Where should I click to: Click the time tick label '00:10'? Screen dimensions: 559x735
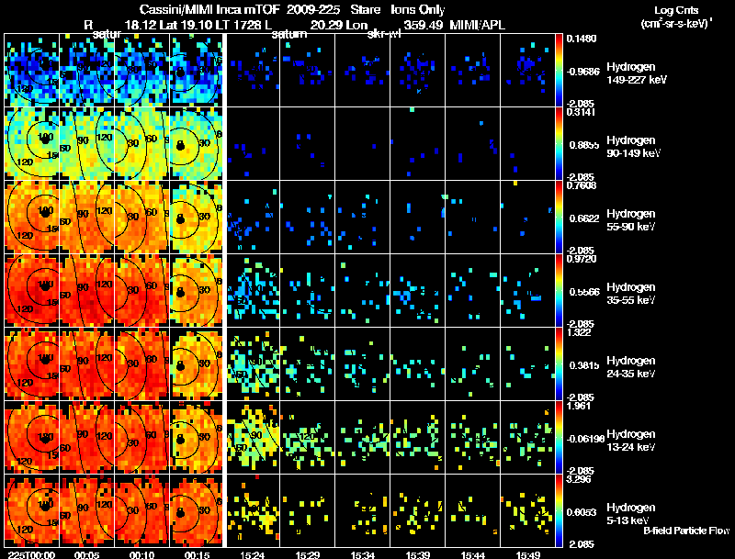click(x=142, y=554)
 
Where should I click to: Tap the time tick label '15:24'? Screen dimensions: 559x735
click(x=253, y=554)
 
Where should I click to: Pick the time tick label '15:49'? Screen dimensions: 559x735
click(x=528, y=554)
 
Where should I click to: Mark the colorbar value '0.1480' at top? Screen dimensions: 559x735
click(x=582, y=39)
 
